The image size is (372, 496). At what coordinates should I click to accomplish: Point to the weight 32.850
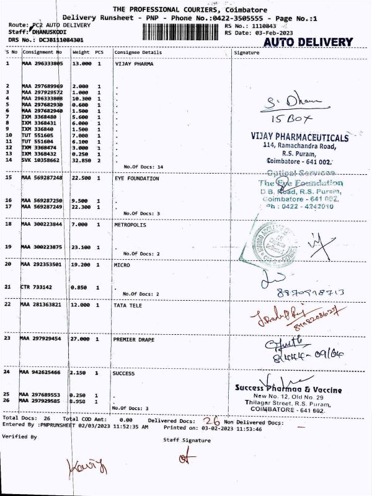(x=81, y=160)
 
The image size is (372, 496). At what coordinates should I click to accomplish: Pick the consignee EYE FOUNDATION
(x=136, y=178)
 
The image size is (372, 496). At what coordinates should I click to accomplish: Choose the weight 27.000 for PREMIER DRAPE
(x=81, y=339)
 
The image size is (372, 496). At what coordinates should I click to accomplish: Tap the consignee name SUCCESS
(x=123, y=374)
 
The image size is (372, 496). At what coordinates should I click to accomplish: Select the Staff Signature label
(x=187, y=440)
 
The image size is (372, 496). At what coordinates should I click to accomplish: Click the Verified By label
(x=19, y=437)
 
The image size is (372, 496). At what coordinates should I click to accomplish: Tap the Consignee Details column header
(x=138, y=53)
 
